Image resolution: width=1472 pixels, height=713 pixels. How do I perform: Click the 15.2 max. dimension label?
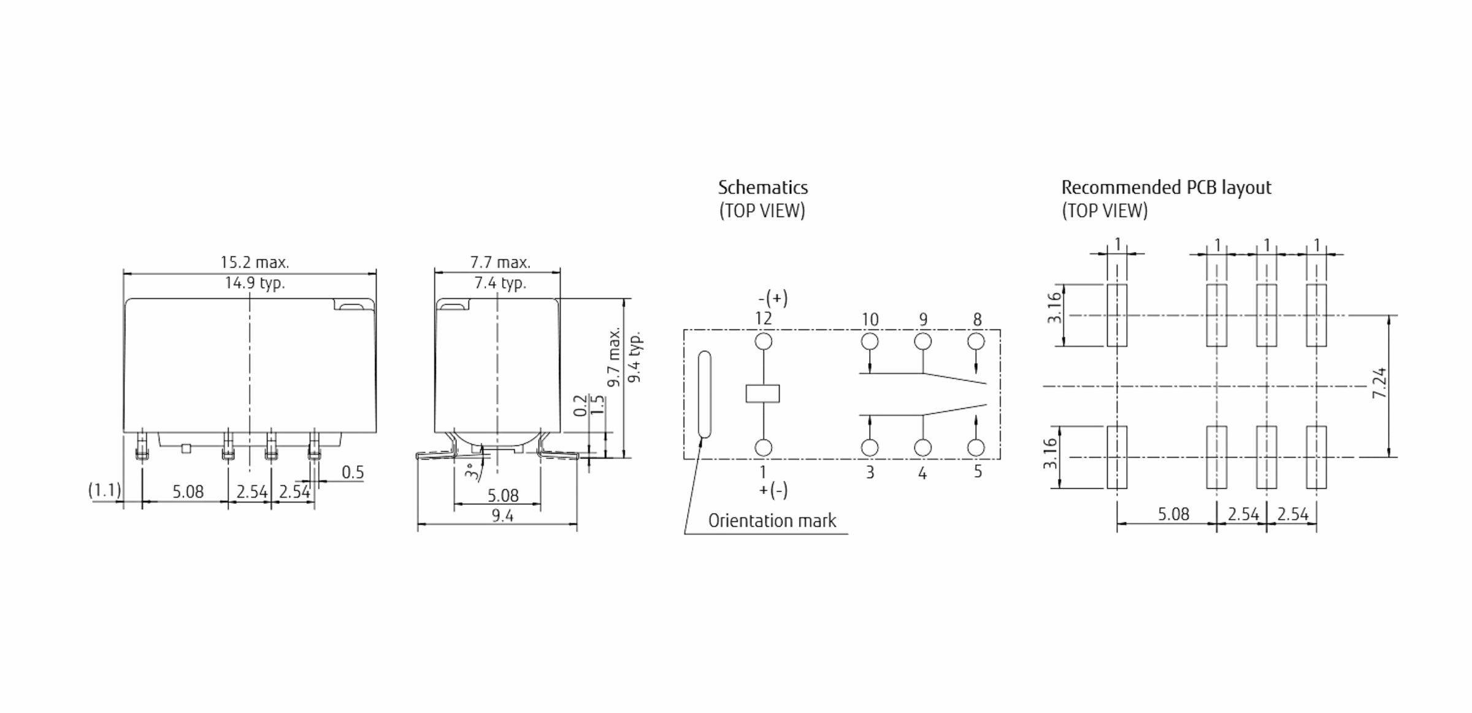tap(255, 263)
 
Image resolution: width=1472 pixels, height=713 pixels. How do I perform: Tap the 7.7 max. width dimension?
tap(500, 263)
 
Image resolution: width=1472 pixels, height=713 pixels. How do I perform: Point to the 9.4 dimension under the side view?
tap(502, 515)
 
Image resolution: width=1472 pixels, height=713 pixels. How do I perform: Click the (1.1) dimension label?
tap(105, 490)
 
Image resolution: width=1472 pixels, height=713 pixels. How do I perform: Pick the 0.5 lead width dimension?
tap(353, 472)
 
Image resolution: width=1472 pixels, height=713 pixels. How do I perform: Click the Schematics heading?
tap(763, 187)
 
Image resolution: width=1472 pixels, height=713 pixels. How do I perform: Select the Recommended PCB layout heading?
tap(1167, 187)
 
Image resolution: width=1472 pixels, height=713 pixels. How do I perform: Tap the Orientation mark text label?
tap(772, 521)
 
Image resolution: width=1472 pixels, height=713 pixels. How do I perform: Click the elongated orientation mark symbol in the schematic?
tap(705, 395)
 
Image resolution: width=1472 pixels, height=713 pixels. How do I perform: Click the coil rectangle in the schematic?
tap(763, 393)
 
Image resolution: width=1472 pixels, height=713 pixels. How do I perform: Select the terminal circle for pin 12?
tap(764, 341)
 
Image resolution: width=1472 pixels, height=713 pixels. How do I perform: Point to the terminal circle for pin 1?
tap(764, 448)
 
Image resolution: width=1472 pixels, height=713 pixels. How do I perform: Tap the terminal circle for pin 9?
tap(923, 341)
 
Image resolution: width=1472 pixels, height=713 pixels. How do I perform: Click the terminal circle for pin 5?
tap(976, 448)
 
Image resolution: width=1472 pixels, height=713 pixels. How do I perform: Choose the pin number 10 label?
tap(870, 320)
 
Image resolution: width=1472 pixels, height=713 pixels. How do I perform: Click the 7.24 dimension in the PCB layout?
tap(1379, 383)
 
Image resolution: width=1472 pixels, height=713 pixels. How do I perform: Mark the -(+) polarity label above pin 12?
tap(773, 299)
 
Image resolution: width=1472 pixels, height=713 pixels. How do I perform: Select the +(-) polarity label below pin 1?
tap(773, 490)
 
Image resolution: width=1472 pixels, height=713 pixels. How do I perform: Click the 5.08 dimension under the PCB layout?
tap(1173, 514)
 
